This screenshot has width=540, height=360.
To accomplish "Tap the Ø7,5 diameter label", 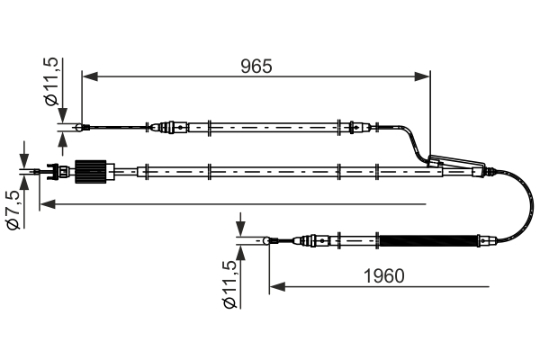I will tap(12, 209).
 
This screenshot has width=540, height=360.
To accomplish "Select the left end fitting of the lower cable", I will tap(270, 240).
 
